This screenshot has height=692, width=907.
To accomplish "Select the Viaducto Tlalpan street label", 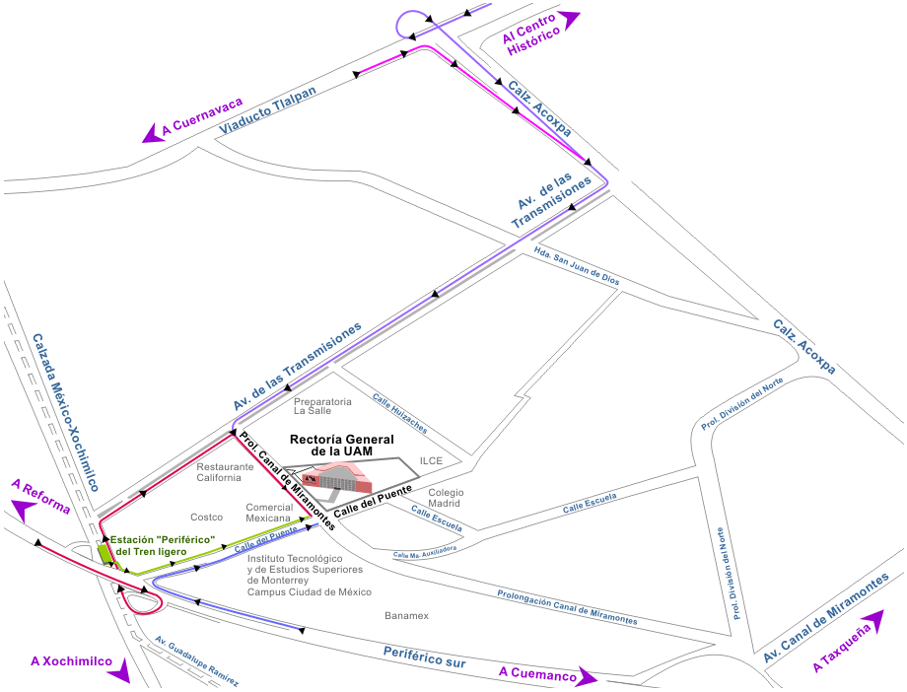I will (268, 110).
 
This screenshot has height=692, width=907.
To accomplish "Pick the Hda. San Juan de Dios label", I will (576, 266).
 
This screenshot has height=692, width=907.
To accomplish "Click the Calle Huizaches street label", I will (399, 414).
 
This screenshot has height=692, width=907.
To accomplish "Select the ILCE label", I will (432, 460).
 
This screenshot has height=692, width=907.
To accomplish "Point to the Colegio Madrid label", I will (445, 497).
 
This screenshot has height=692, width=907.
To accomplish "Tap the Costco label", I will (206, 517).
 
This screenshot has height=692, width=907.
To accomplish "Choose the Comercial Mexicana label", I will (269, 513).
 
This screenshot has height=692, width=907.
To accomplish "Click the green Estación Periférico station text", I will (163, 545).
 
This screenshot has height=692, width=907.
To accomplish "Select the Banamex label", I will (406, 616).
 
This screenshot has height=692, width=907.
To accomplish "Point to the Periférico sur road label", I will (423, 657).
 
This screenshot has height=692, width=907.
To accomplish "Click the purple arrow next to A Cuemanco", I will (588, 678).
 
